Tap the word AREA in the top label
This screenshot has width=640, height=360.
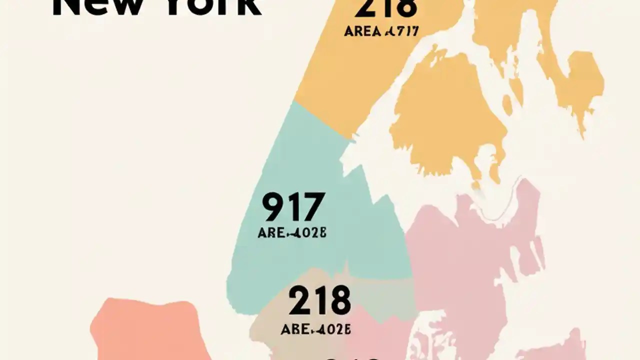362,31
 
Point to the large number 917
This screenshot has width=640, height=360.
293,207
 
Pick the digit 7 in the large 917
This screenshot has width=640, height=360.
314,207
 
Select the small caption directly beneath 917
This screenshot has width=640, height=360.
292,233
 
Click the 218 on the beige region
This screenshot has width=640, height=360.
319,300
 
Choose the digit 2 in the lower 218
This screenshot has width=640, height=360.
298,300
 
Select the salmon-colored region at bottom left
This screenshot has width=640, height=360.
150,330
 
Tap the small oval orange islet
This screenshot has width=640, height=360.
507,105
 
